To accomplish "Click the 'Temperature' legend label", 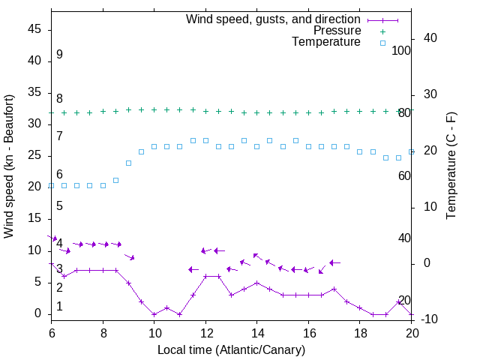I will coord(326,42).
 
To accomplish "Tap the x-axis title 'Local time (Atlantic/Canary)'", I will coord(231,349).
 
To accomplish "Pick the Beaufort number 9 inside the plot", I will coord(59,55).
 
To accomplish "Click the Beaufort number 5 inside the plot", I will coord(59,205).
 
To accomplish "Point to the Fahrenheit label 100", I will coord(401,51).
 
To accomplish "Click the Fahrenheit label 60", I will coord(404,175).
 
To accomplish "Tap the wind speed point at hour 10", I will coord(154,314).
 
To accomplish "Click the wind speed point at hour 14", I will coord(256,283).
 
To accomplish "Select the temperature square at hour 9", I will coord(128,163).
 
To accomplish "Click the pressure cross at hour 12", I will coord(205,110).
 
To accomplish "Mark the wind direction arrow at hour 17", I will coord(334,263).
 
